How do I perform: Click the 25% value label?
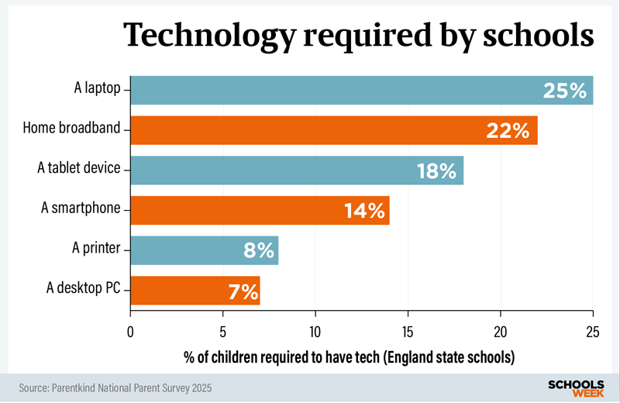click(x=565, y=91)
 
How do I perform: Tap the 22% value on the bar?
click(x=508, y=131)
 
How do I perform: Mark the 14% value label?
click(x=365, y=211)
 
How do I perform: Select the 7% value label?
click(x=243, y=291)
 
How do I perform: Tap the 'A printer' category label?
click(x=96, y=249)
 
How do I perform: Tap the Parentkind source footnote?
click(x=115, y=387)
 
